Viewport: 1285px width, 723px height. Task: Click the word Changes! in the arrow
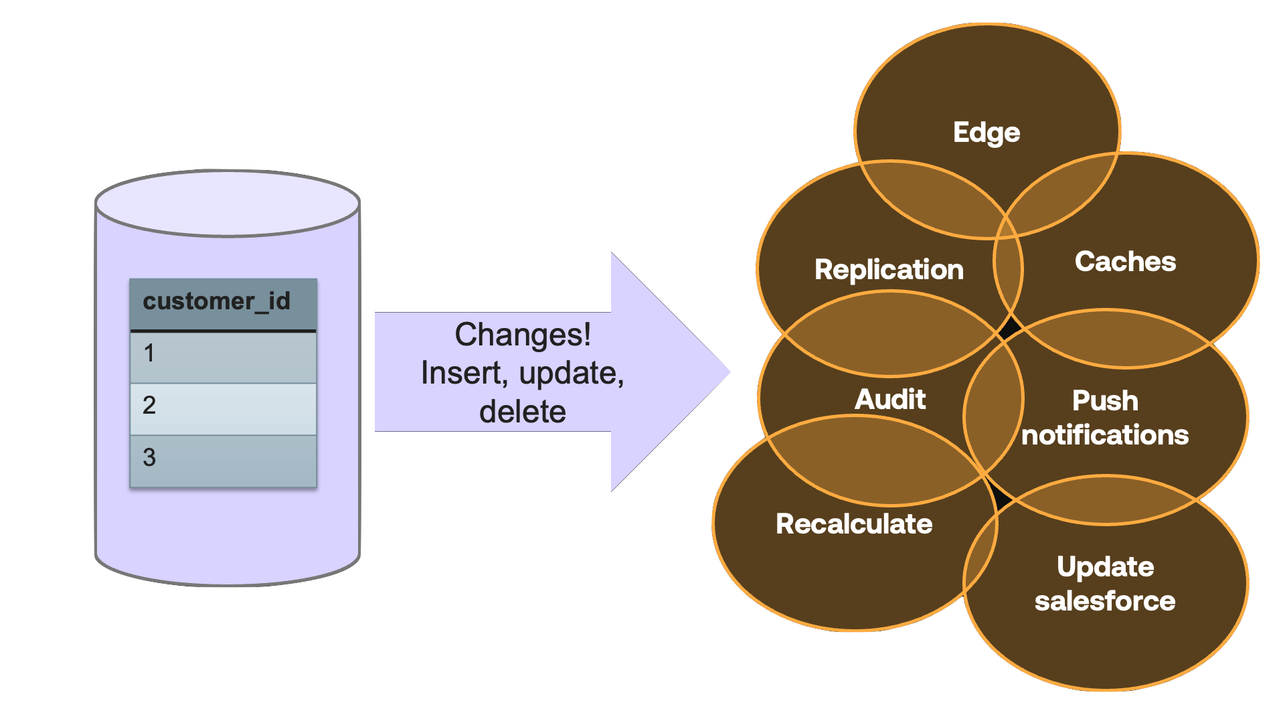pos(523,335)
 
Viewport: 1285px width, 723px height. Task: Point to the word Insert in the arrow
pos(461,373)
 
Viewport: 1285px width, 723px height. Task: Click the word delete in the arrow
pos(523,411)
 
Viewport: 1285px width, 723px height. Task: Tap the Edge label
pos(987,133)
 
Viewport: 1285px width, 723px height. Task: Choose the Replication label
pos(889,269)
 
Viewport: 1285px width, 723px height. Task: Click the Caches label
pos(1125,262)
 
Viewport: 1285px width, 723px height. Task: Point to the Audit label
pos(890,400)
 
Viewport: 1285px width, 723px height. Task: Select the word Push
pos(1105,401)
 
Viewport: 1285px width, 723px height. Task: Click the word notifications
pos(1105,435)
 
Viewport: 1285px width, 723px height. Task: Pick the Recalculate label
pos(854,524)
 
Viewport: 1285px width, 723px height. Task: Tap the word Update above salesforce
pos(1105,567)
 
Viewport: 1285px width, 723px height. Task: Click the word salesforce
pos(1105,601)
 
